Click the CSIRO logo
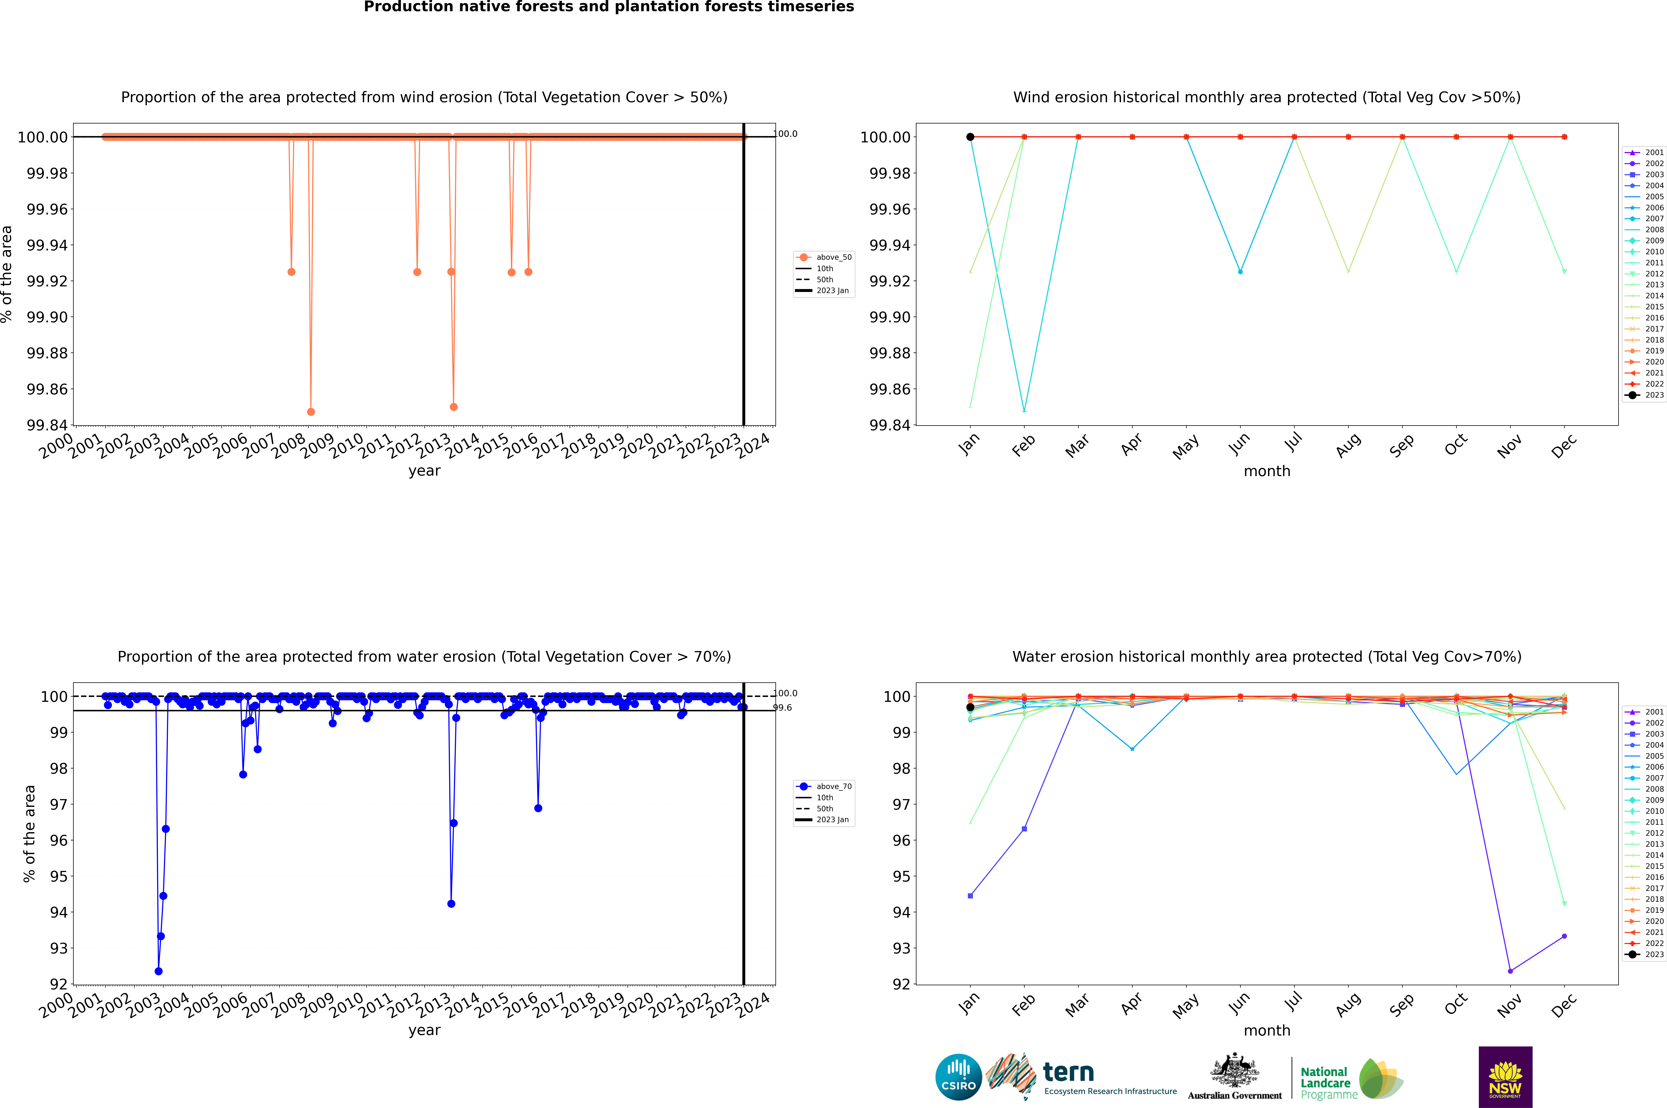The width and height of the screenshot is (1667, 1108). pos(958,1077)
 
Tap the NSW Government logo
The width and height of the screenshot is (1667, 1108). pos(1505,1077)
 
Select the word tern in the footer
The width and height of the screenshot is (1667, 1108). pos(1068,1073)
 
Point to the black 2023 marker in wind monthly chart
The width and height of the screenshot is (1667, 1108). pos(970,137)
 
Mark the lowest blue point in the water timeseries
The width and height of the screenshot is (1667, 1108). pos(158,971)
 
